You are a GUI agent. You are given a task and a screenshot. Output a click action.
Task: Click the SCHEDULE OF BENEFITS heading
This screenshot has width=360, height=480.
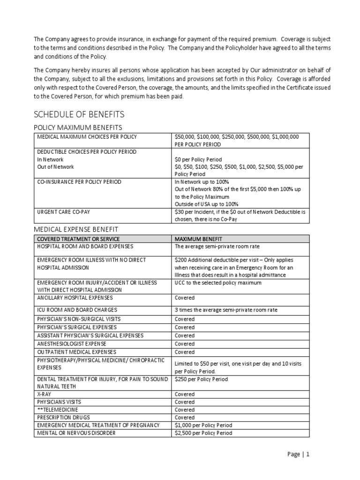click(x=78, y=115)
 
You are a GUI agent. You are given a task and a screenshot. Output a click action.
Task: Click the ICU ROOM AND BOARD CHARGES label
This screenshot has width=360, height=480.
click(x=76, y=310)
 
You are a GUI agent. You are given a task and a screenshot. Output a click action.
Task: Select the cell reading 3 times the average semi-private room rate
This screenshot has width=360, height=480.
click(x=222, y=310)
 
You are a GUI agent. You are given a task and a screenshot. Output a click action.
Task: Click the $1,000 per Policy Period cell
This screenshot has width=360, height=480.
click(x=203, y=425)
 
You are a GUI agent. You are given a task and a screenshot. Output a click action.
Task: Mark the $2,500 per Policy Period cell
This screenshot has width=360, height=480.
click(x=203, y=433)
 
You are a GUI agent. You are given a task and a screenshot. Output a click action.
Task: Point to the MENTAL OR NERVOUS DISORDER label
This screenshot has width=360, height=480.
click(x=76, y=433)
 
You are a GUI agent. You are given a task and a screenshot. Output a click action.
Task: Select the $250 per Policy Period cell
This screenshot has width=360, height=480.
click(x=201, y=379)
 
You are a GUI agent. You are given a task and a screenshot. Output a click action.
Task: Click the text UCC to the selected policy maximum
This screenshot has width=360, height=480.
click(x=218, y=283)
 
